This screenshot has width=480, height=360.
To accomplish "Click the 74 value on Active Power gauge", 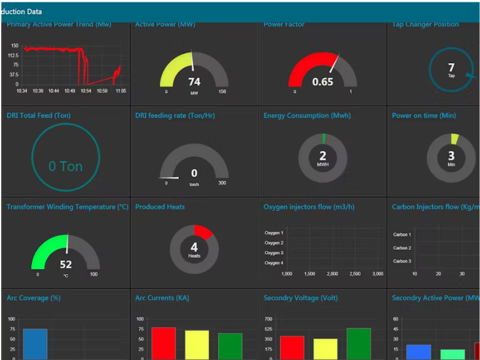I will point(194,82).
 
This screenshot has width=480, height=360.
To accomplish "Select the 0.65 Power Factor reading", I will point(323,82).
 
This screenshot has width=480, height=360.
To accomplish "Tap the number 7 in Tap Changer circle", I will point(451,68).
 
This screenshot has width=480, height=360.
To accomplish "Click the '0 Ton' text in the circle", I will point(66,166).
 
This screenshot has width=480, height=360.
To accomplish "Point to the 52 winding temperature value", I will point(66,264).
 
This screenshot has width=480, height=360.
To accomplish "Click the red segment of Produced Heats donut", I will point(203,231).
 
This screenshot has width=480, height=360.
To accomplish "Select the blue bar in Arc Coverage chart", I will point(35,344).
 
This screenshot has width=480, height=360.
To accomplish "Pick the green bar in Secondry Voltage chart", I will point(358,343).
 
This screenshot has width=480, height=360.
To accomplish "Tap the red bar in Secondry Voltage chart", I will point(292,347).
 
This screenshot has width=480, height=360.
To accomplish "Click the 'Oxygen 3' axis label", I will point(274,253).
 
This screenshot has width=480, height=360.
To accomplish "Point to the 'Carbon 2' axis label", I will point(401,248).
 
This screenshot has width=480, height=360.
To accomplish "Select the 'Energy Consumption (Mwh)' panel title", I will point(307,116).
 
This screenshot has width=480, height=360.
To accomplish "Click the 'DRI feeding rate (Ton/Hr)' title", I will point(175,116).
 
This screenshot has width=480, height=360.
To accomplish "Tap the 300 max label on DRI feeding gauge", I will point(222,183).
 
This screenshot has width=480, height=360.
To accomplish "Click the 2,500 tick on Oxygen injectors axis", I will point(355,274).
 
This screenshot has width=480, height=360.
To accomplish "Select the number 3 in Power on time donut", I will point(451,156).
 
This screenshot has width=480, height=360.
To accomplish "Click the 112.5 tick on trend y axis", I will point(13,55).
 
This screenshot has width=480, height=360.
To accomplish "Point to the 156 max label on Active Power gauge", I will point(222,92).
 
